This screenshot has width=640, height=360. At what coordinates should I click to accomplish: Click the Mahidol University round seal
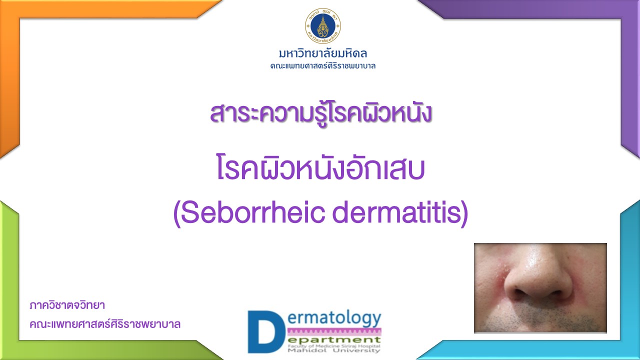point(323,25)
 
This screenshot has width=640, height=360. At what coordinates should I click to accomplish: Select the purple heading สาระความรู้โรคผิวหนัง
point(320,113)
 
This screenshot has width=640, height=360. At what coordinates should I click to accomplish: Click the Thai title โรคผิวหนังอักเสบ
point(320,168)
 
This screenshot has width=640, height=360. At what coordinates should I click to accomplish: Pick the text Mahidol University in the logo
point(334,350)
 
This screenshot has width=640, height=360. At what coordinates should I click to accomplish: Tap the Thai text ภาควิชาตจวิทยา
point(67,305)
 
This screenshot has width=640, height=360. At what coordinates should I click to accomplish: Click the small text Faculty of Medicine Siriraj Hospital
point(334,346)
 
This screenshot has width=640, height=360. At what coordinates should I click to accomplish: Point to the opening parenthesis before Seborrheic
point(177,213)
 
